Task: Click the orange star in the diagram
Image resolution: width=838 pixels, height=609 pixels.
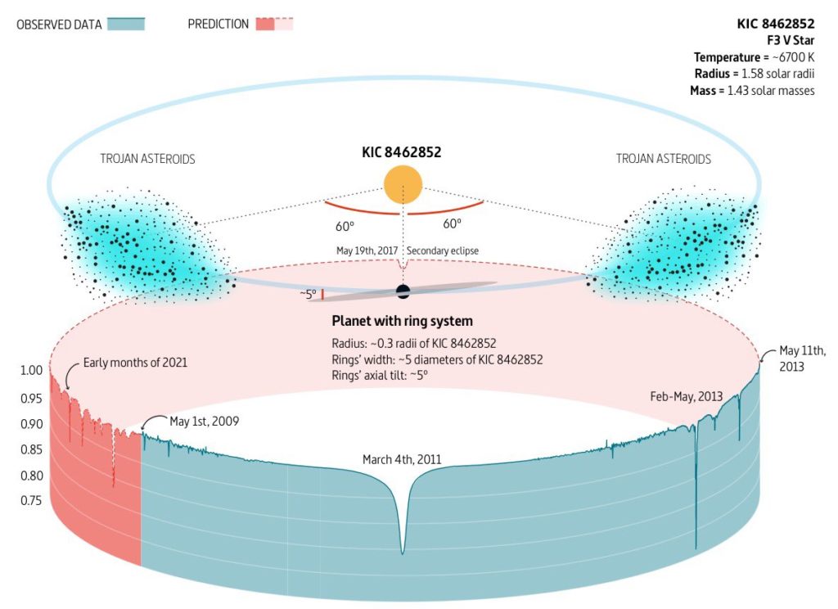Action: pos(403,184)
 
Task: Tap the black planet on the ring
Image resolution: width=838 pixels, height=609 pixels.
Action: pos(403,291)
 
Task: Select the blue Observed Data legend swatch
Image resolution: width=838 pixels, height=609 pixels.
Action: pos(126,24)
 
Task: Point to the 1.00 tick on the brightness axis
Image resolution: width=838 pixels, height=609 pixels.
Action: pos(32,370)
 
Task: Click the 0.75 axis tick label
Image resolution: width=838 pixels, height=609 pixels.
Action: pos(32,500)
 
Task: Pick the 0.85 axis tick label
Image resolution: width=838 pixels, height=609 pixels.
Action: pos(32,449)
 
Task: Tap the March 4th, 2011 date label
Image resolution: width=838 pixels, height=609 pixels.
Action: pos(402,459)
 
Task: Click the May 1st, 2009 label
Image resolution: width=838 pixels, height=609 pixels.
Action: pos(204,422)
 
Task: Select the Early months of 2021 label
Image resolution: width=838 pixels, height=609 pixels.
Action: pos(135,363)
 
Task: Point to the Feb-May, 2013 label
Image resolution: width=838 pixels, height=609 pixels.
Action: pos(687,397)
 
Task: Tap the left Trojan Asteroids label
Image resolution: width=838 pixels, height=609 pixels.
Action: pos(147,159)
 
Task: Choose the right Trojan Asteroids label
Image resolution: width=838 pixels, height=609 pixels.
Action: pos(663,159)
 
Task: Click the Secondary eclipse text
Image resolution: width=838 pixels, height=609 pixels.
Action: pos(443,250)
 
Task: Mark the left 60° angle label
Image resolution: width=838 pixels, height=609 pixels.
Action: pos(345,226)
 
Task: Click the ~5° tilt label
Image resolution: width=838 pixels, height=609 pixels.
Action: pos(308,294)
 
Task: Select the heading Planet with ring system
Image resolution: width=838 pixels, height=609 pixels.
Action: pos(402,321)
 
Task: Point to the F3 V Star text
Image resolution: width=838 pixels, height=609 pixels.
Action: pos(791,40)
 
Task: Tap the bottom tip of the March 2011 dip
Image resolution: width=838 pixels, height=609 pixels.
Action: pos(403,553)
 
